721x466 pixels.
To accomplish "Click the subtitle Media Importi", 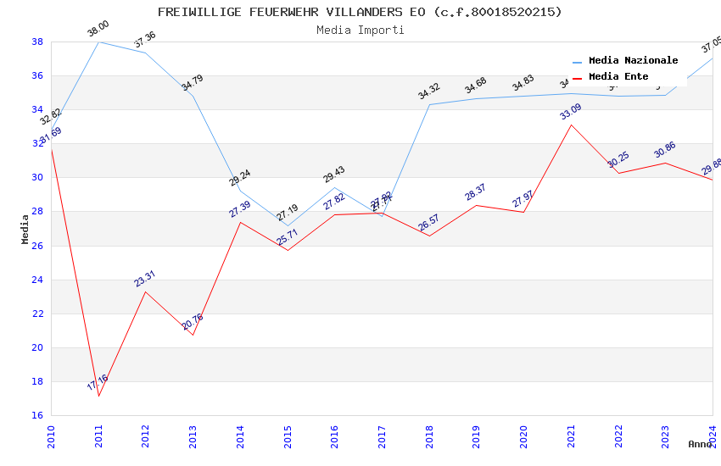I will [x=360, y=30].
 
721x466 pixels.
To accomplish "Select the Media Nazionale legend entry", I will [x=633, y=61].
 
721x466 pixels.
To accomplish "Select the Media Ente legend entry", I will [x=618, y=77].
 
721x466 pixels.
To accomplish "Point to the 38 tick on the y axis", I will [x=37, y=42].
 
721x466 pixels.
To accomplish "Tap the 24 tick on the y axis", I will [x=37, y=280].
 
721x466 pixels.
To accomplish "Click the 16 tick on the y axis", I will [x=37, y=415].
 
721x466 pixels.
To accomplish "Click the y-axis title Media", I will [x=25, y=229].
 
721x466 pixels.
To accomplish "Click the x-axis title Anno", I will [x=699, y=444].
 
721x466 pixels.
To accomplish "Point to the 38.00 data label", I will [x=98, y=30].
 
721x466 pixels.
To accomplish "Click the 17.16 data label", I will [x=98, y=383].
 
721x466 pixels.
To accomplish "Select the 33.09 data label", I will [x=571, y=111].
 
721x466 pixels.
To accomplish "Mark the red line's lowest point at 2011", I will [x=99, y=396].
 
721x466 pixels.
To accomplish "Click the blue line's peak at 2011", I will [x=99, y=42].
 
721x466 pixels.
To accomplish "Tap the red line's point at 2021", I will [x=572, y=125].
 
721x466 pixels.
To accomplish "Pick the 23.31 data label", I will [x=145, y=279].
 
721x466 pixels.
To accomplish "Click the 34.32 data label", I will [x=429, y=92].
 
